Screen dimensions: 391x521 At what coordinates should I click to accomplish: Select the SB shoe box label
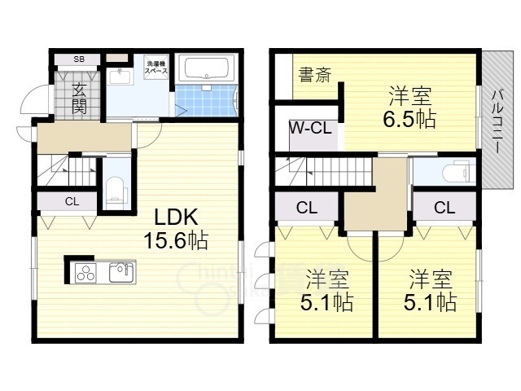[x=79, y=59]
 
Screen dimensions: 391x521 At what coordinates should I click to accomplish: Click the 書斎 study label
[x=314, y=77]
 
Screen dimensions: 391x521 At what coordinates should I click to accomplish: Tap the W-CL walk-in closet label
[x=308, y=129]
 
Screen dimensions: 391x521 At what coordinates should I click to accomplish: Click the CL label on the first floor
[x=71, y=202]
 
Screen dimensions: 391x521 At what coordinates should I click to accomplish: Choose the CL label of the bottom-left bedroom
[x=306, y=208]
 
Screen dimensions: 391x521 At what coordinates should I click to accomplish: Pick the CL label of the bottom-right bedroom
[x=444, y=208]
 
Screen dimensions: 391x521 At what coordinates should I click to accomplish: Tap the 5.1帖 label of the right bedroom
[x=431, y=292]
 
